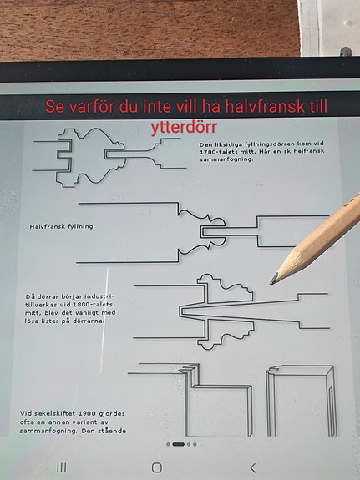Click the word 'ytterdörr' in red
(x=184, y=128)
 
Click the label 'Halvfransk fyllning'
(x=61, y=226)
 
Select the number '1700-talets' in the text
(x=219, y=152)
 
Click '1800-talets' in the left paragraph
(x=94, y=305)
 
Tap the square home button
(x=157, y=467)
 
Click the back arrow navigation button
(x=253, y=468)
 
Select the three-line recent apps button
(x=62, y=467)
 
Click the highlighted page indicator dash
(x=178, y=444)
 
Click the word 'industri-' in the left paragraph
(x=99, y=296)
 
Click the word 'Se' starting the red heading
(x=55, y=107)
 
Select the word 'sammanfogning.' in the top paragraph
(x=226, y=159)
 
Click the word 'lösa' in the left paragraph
(x=32, y=321)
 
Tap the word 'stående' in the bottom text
(x=114, y=431)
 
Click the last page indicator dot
(x=195, y=444)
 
